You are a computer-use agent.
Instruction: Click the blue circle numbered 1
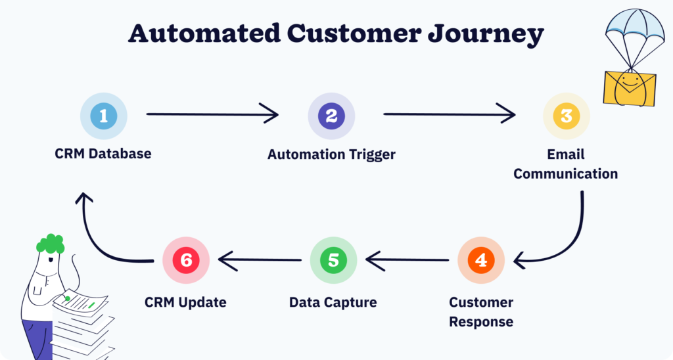tap(103, 116)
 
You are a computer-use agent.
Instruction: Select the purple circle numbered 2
tap(331, 116)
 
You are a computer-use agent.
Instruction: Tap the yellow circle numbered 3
tap(566, 116)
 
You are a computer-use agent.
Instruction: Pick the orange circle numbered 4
tap(480, 260)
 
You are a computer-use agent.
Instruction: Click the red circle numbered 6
tap(186, 260)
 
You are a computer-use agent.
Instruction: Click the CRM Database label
tap(103, 154)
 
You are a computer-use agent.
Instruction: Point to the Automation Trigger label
tap(331, 155)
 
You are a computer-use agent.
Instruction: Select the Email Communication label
tap(565, 164)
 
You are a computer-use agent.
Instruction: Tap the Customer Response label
tap(481, 312)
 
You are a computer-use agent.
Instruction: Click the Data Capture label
tap(333, 303)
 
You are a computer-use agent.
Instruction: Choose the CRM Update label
tap(185, 303)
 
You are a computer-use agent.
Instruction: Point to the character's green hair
tap(50, 244)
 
